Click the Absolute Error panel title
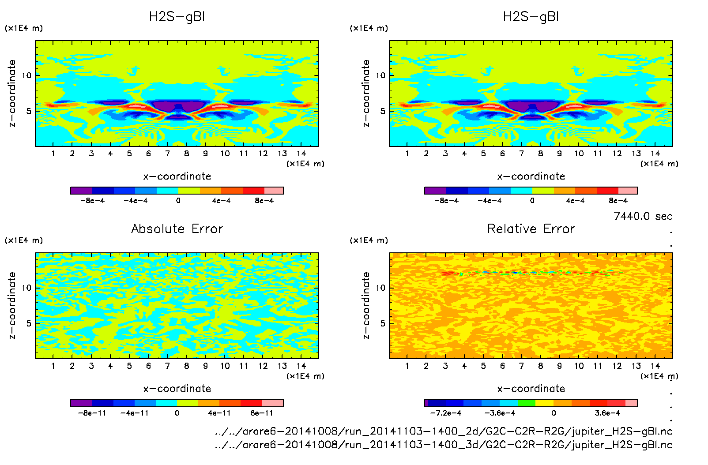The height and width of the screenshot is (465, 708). pos(177,229)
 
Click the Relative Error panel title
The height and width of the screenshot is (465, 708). pos(531,229)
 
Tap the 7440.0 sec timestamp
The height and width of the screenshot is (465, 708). pos(643,216)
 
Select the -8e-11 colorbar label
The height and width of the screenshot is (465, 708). pos(92,413)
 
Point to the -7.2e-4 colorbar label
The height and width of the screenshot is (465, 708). pos(445,413)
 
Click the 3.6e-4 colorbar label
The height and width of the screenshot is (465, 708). pos(607,413)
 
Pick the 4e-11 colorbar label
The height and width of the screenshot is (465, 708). pos(219,413)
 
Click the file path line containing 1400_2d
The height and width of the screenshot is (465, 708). pos(444,431)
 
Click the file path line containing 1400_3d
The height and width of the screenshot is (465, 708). pos(444,445)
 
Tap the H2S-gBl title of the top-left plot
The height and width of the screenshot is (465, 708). pos(177,17)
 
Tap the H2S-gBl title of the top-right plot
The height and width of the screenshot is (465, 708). pos(531,17)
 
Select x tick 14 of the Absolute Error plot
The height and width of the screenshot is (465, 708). pos(301,366)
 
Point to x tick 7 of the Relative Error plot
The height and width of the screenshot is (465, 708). pos(521,366)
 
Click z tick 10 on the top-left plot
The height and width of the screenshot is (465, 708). pos(27,75)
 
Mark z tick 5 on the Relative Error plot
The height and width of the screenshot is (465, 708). pos(383,323)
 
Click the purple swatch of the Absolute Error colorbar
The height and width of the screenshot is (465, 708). pos(81,403)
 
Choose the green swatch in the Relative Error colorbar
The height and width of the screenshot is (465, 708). pos(527,403)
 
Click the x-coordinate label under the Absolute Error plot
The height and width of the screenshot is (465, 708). pos(177,389)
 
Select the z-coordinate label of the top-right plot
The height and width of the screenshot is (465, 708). pos(366,93)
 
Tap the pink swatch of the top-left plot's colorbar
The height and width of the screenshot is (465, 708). pos(274,191)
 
